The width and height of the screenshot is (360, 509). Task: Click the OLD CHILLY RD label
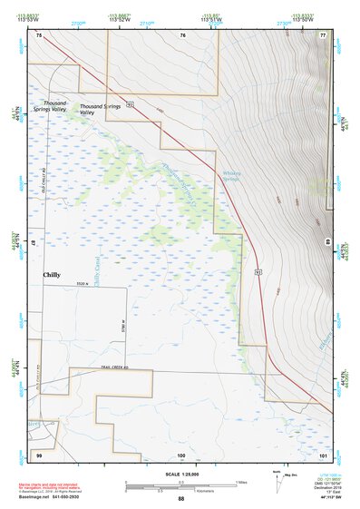[43, 185]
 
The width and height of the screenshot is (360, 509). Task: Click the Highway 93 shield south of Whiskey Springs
[258, 270]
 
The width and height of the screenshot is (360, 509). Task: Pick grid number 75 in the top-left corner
[39, 34]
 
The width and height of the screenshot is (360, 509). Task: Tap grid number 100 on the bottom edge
[181, 454]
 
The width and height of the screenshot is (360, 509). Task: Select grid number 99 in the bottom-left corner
[39, 453]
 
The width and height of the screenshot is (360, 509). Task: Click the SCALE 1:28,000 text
[180, 475]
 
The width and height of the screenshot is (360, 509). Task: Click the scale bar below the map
[180, 485]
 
